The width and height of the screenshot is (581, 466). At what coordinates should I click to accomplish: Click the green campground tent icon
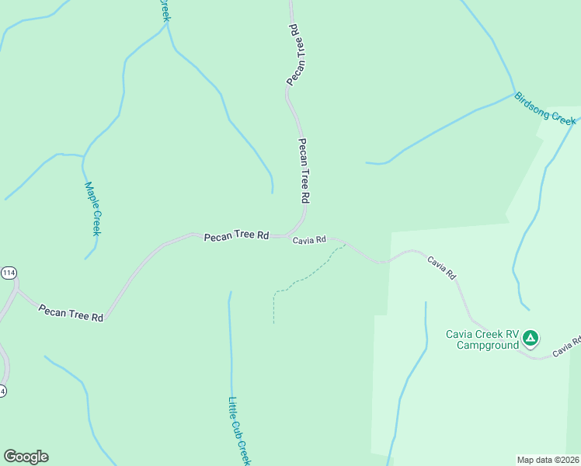[530, 338]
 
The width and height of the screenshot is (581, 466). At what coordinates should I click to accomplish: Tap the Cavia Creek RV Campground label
[482, 339]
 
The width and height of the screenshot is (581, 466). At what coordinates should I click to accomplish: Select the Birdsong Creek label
[545, 109]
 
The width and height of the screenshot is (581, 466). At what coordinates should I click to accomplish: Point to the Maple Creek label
[92, 208]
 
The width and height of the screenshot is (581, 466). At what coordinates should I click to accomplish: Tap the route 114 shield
[9, 273]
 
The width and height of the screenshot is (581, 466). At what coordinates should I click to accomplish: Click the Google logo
[26, 457]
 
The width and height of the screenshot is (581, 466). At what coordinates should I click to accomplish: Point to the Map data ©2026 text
[548, 460]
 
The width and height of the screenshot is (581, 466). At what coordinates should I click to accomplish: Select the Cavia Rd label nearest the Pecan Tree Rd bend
[309, 241]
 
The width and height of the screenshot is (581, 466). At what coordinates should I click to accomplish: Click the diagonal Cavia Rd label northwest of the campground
[441, 268]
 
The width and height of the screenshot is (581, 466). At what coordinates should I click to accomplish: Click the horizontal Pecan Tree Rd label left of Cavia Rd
[236, 235]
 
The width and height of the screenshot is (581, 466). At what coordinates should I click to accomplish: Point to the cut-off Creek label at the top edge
[164, 9]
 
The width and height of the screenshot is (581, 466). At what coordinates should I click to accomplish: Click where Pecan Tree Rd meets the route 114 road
[17, 292]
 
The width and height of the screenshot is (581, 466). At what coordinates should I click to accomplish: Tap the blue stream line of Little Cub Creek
[231, 349]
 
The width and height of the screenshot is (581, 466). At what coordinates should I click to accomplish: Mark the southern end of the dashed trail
[273, 322]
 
